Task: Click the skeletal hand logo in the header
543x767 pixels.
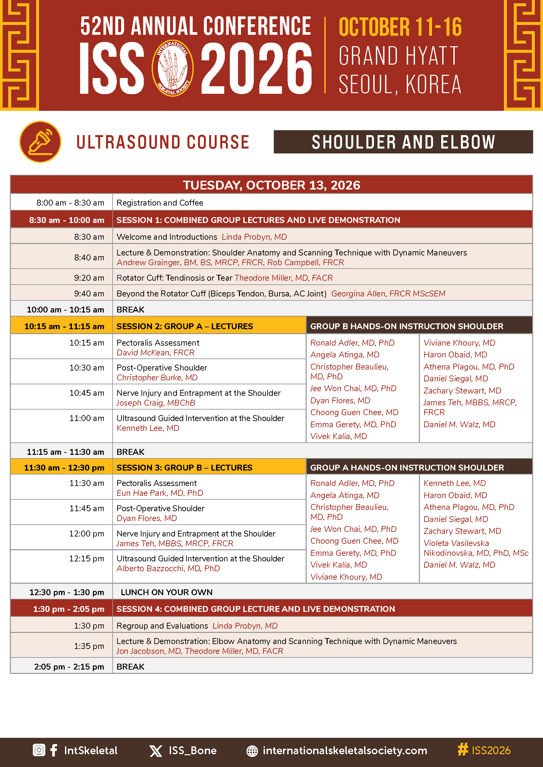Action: tap(172, 68)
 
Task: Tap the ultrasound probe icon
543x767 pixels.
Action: tap(40, 142)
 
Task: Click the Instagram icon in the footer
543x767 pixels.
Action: tap(39, 750)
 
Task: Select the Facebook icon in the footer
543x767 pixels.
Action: tap(54, 750)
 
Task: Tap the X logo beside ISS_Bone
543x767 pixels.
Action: tap(156, 751)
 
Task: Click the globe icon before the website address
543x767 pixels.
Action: tap(252, 751)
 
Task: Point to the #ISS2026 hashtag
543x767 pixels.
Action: tap(484, 750)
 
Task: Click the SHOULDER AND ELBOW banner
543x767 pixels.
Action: tap(403, 142)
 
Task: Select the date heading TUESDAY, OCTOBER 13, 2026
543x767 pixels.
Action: tap(271, 185)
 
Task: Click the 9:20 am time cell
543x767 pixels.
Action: tap(89, 278)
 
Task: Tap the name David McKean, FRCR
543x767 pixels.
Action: tap(156, 353)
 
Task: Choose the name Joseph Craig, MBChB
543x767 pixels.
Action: tap(156, 403)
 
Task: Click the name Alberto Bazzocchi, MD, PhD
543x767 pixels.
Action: tap(168, 569)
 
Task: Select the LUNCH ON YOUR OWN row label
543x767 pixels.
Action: tap(166, 592)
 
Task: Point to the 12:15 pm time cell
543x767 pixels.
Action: tap(86, 559)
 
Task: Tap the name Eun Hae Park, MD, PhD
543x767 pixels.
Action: tap(160, 493)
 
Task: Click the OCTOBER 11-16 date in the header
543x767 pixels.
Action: tap(400, 28)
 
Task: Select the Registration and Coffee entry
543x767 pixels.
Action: tap(160, 203)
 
